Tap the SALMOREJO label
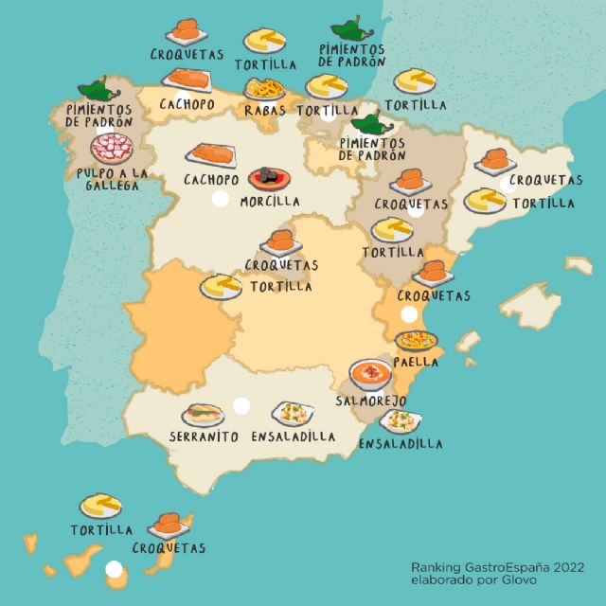coord(372,401)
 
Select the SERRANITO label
coord(204,437)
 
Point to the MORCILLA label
coord(270,202)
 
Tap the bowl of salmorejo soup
coord(370,373)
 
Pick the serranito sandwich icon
coord(204,415)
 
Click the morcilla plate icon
coord(268,178)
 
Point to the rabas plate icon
coord(265,89)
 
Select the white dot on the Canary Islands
coord(115,569)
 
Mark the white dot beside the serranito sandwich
coord(241,405)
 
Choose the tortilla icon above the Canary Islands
coord(100,505)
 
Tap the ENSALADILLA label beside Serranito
coord(294,437)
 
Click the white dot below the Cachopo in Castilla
coord(221,199)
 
